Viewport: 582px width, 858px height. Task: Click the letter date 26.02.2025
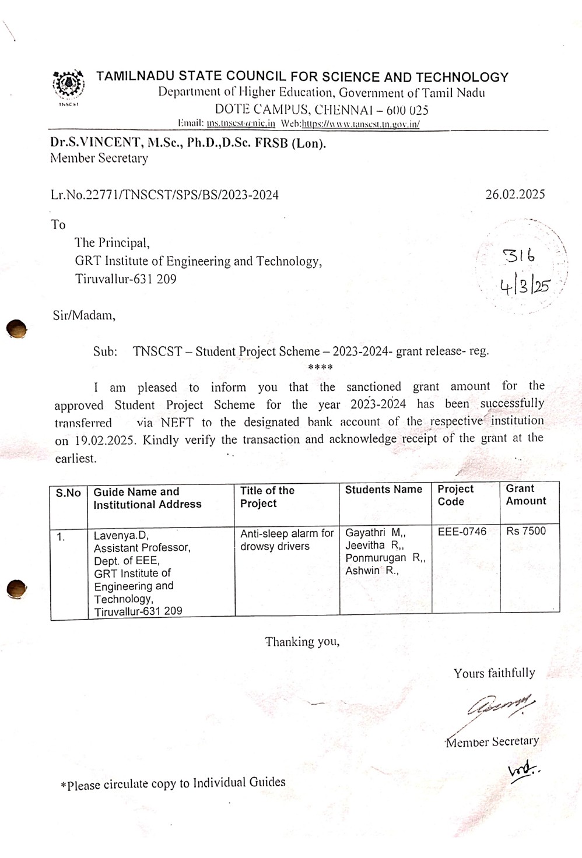tap(515, 194)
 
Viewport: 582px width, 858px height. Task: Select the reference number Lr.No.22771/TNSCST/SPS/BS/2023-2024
tap(164, 195)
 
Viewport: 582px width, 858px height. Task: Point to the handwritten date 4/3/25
tap(524, 286)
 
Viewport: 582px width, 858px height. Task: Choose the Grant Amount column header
tap(525, 495)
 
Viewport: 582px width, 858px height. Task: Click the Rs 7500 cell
tap(525, 531)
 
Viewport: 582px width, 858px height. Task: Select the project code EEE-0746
tap(462, 532)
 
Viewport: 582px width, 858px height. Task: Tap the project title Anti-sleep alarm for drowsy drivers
tap(286, 540)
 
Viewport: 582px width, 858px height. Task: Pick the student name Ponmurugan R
tap(385, 558)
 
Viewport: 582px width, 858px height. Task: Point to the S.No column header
tap(68, 493)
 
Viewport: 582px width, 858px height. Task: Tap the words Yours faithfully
tap(494, 673)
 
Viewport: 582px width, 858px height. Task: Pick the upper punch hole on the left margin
tap(17, 329)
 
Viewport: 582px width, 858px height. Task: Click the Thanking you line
tap(302, 642)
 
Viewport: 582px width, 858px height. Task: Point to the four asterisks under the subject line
tap(320, 368)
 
